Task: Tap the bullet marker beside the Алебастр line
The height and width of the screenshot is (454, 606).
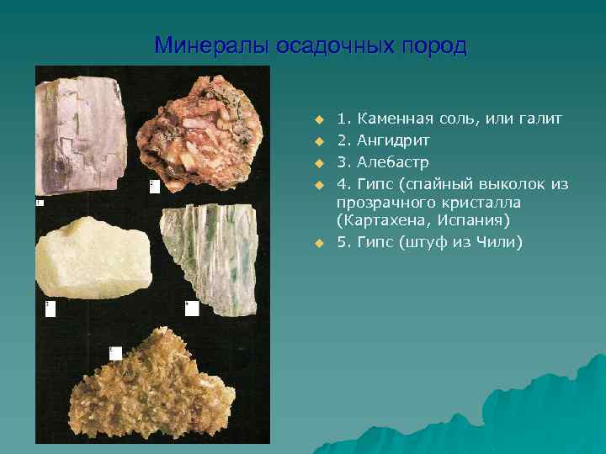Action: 319,161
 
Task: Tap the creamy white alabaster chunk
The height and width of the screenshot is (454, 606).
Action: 93,261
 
